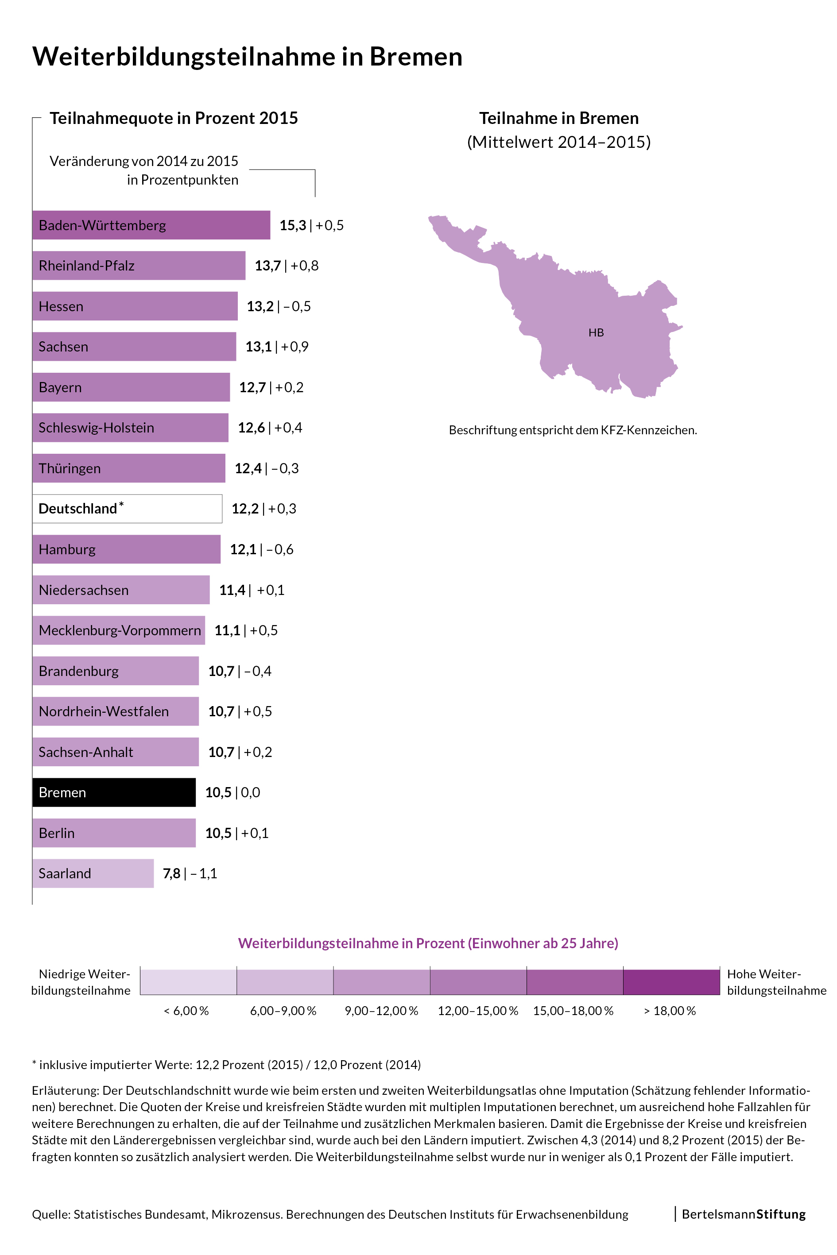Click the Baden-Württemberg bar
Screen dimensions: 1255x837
coord(151,225)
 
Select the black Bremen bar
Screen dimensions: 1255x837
coord(114,792)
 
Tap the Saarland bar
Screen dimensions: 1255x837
coord(93,873)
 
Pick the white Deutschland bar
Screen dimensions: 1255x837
coord(127,509)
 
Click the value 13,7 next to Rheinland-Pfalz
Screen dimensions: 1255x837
coord(267,266)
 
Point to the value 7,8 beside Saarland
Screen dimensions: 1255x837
coord(171,873)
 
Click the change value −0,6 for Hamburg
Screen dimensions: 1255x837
coord(280,550)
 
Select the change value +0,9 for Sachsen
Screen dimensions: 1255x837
coord(294,347)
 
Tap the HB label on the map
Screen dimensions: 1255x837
coord(596,332)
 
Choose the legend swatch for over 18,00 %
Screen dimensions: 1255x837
coord(671,982)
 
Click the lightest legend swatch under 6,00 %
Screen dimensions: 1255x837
coord(188,982)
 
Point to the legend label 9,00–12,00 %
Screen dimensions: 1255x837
coord(381,1011)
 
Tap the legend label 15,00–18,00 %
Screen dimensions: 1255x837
coord(573,1011)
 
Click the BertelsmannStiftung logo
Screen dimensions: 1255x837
coord(743,1214)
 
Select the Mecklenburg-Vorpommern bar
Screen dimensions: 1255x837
coord(119,630)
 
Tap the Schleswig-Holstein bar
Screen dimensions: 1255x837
coord(130,427)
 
